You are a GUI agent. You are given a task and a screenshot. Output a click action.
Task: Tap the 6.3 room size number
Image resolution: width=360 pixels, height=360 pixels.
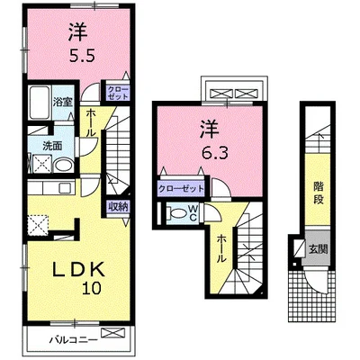(215, 153)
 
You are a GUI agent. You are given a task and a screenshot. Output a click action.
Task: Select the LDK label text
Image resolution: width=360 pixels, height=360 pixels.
(79, 269)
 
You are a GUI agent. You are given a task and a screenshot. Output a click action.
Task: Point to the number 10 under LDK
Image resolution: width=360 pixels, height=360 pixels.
(92, 288)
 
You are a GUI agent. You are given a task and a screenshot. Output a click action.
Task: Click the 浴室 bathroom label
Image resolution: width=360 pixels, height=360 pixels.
(63, 102)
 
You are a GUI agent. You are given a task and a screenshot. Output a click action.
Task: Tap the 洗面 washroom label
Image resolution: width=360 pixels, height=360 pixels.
(52, 146)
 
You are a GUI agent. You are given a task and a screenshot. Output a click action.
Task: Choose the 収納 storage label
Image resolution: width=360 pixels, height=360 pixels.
(119, 207)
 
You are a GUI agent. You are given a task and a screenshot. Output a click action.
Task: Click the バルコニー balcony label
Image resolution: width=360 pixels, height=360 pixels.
(74, 340)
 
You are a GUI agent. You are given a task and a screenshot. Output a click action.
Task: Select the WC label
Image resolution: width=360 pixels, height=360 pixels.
(193, 212)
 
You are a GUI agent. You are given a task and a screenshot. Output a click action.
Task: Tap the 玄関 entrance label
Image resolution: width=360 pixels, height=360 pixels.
(318, 248)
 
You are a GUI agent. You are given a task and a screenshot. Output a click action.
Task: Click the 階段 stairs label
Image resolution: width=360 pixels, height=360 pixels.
(319, 193)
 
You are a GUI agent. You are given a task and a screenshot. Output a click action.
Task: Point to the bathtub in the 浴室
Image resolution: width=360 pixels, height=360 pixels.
(40, 103)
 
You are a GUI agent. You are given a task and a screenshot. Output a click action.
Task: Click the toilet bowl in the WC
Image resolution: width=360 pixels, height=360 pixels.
(177, 213)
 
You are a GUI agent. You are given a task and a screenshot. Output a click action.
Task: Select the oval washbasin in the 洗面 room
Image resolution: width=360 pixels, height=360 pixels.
(64, 166)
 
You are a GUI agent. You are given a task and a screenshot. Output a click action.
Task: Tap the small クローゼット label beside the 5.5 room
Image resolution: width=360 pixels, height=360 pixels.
(118, 93)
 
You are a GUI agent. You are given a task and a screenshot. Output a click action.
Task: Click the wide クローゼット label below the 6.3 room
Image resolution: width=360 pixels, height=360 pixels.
(181, 189)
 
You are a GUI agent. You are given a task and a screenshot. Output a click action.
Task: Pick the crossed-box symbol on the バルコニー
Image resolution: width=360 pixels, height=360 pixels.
(112, 333)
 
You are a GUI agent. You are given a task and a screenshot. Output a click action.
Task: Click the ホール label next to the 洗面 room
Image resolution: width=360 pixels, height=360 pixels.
(91, 122)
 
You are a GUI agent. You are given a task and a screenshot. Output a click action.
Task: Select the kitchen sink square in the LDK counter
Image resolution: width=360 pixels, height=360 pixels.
(64, 188)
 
